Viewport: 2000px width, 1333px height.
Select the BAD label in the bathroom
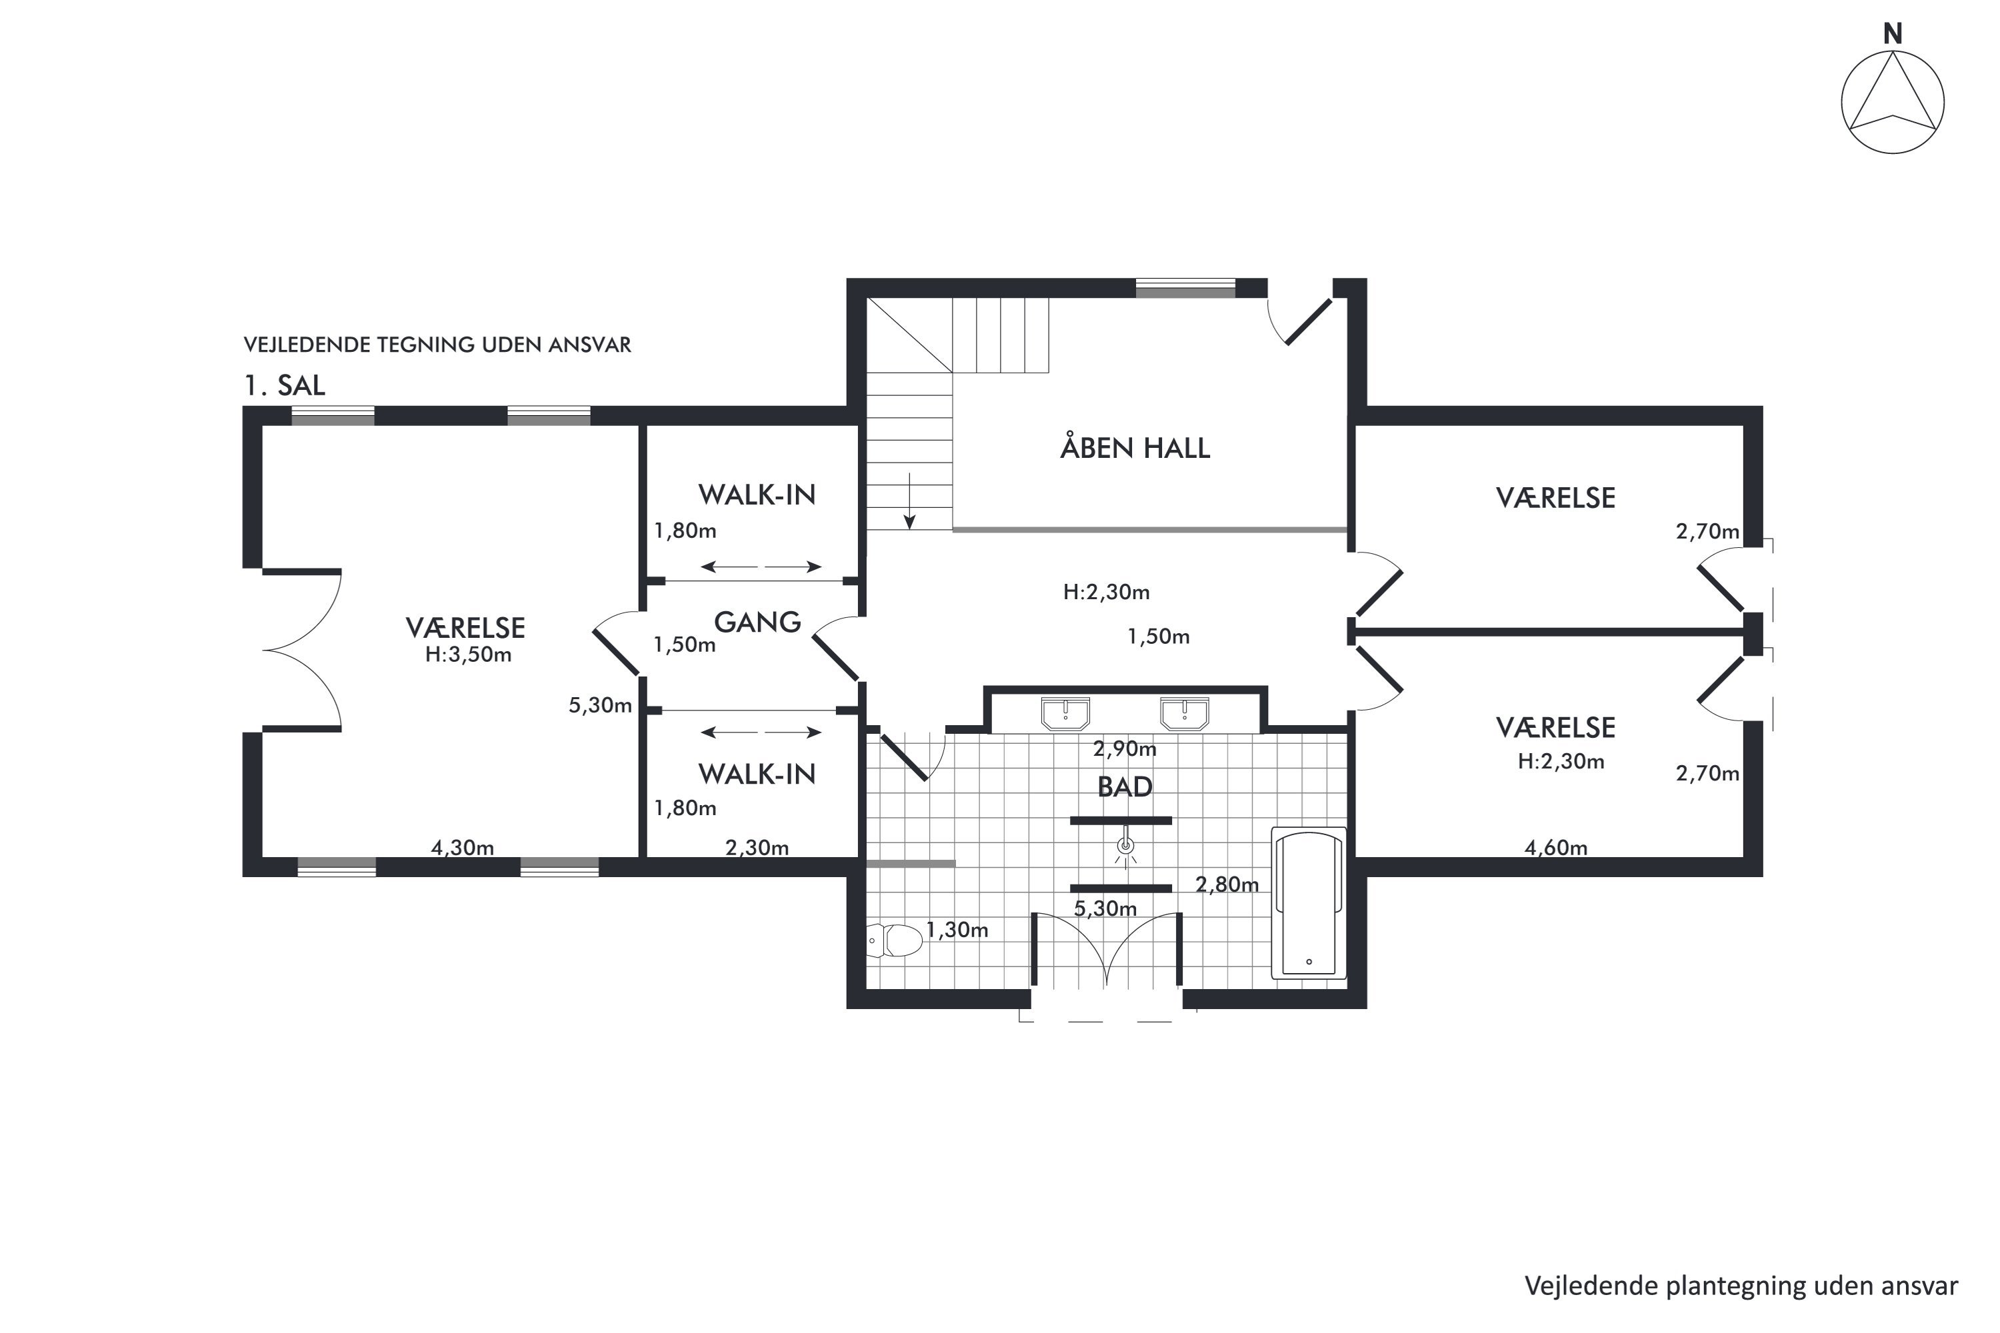pos(1125,787)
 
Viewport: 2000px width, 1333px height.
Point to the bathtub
pos(1309,903)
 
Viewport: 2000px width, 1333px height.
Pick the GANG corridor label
pos(757,623)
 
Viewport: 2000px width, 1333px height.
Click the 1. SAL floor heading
pos(285,385)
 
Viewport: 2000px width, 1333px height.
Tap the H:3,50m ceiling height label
pos(469,655)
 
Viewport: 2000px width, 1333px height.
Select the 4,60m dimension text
pos(1556,848)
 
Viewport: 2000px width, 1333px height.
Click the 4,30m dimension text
pos(463,848)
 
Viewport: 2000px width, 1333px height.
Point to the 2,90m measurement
pos(1125,749)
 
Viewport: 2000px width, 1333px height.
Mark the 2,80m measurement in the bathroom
pos(1227,884)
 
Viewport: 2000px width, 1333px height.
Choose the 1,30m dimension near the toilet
pos(957,930)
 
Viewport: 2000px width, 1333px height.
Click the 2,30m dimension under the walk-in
pos(757,848)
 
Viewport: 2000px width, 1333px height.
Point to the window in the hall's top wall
pos(1185,288)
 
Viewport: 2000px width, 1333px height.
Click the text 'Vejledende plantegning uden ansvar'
pos(1741,1286)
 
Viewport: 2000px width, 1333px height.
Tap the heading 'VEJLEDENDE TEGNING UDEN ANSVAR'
pos(437,345)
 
